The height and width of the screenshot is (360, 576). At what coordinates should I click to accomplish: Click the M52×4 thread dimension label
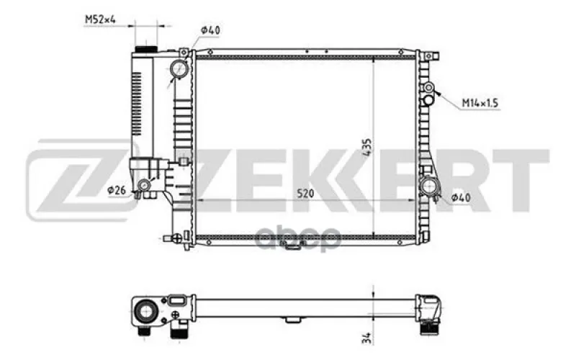tap(100, 19)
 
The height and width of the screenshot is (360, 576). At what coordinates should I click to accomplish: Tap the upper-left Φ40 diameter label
tap(210, 30)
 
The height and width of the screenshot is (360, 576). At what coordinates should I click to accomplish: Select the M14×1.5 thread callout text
tap(480, 103)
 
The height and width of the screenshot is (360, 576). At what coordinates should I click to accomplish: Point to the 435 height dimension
tap(367, 148)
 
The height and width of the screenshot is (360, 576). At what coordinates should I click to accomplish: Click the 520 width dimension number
tap(305, 193)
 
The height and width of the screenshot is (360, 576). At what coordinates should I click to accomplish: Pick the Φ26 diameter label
tap(117, 190)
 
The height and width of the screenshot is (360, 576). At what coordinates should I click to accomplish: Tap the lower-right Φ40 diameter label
tap(461, 197)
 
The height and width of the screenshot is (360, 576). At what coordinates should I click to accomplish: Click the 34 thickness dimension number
tap(367, 338)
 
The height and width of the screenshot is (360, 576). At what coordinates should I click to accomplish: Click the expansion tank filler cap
tap(146, 49)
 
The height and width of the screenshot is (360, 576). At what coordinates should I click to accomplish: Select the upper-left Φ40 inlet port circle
tap(179, 68)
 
